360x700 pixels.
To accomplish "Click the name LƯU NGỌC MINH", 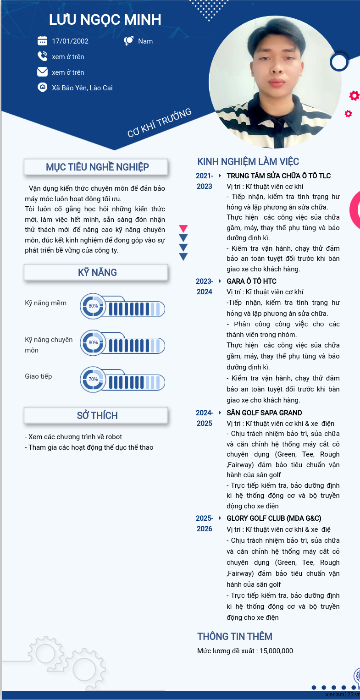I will (x=105, y=20).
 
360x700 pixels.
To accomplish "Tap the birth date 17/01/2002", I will (x=70, y=41).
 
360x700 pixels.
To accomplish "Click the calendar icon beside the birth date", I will (x=42, y=41).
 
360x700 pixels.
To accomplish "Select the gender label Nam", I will (x=145, y=41).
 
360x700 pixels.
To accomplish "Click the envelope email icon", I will (x=42, y=72).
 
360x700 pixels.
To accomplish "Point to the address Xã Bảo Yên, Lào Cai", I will (x=82, y=88).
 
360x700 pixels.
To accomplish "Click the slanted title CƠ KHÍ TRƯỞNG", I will (x=159, y=123).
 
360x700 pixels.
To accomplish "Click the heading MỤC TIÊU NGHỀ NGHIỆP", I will (x=97, y=167).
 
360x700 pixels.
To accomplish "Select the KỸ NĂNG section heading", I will (x=97, y=272).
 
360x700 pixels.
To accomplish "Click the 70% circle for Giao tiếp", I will (x=93, y=380).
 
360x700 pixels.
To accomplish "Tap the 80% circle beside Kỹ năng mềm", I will (x=93, y=306).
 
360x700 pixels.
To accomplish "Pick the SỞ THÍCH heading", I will (x=97, y=415).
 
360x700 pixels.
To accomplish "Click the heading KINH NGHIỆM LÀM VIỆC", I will (x=248, y=161).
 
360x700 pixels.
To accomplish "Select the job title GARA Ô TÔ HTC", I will (x=251, y=281).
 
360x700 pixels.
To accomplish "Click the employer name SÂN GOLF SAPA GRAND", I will (x=264, y=413).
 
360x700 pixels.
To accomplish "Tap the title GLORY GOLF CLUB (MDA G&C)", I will (x=274, y=518).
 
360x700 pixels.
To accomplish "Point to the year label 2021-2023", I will (x=205, y=181).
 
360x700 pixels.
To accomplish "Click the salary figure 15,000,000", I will (x=276, y=651).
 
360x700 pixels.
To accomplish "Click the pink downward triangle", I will (x=183, y=228).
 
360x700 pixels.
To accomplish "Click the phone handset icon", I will (x=42, y=56).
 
